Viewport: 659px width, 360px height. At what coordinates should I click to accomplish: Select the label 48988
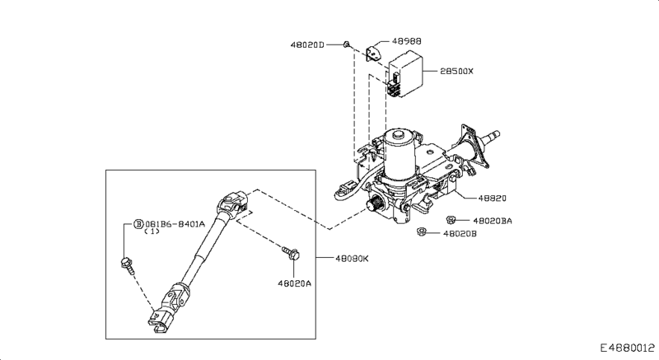coord(405,40)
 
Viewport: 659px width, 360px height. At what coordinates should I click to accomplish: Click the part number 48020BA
coord(493,221)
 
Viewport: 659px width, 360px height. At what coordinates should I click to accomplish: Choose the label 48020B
coord(460,234)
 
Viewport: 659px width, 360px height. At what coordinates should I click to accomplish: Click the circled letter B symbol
coord(139,223)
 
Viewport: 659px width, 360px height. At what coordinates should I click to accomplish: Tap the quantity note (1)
coord(151,232)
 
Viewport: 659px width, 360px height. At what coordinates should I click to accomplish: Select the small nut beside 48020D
coord(349,43)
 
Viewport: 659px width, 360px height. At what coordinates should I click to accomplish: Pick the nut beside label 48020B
coord(421,233)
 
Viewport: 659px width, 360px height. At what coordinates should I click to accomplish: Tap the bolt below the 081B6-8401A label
coord(127,264)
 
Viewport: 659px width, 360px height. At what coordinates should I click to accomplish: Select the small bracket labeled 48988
coord(374,54)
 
